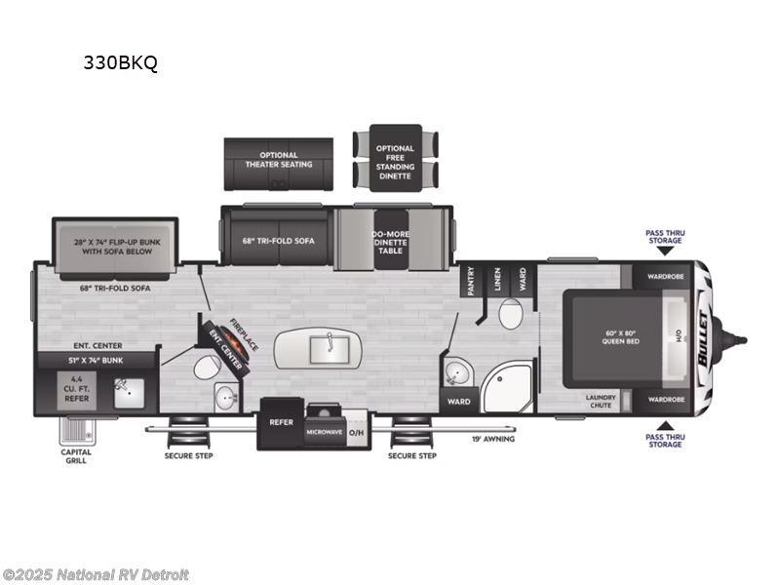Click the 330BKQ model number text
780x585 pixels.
(121, 64)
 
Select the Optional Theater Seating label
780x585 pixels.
(279, 159)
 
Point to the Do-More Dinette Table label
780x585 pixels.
(390, 242)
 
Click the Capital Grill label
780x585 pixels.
(77, 455)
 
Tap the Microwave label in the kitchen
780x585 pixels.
(325, 432)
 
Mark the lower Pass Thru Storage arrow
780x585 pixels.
(665, 425)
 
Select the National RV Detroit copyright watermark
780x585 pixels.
(96, 574)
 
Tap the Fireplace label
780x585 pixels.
(243, 332)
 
